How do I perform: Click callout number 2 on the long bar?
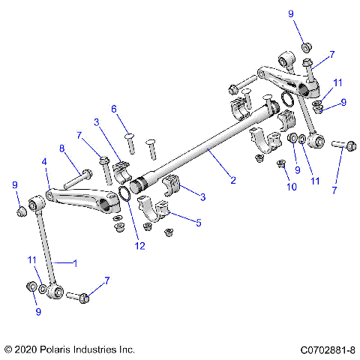(x=233, y=180)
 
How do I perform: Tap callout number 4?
(x=44, y=160)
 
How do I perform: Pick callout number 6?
(x=115, y=109)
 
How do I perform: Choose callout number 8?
(x=62, y=148)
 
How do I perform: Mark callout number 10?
(x=285, y=187)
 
